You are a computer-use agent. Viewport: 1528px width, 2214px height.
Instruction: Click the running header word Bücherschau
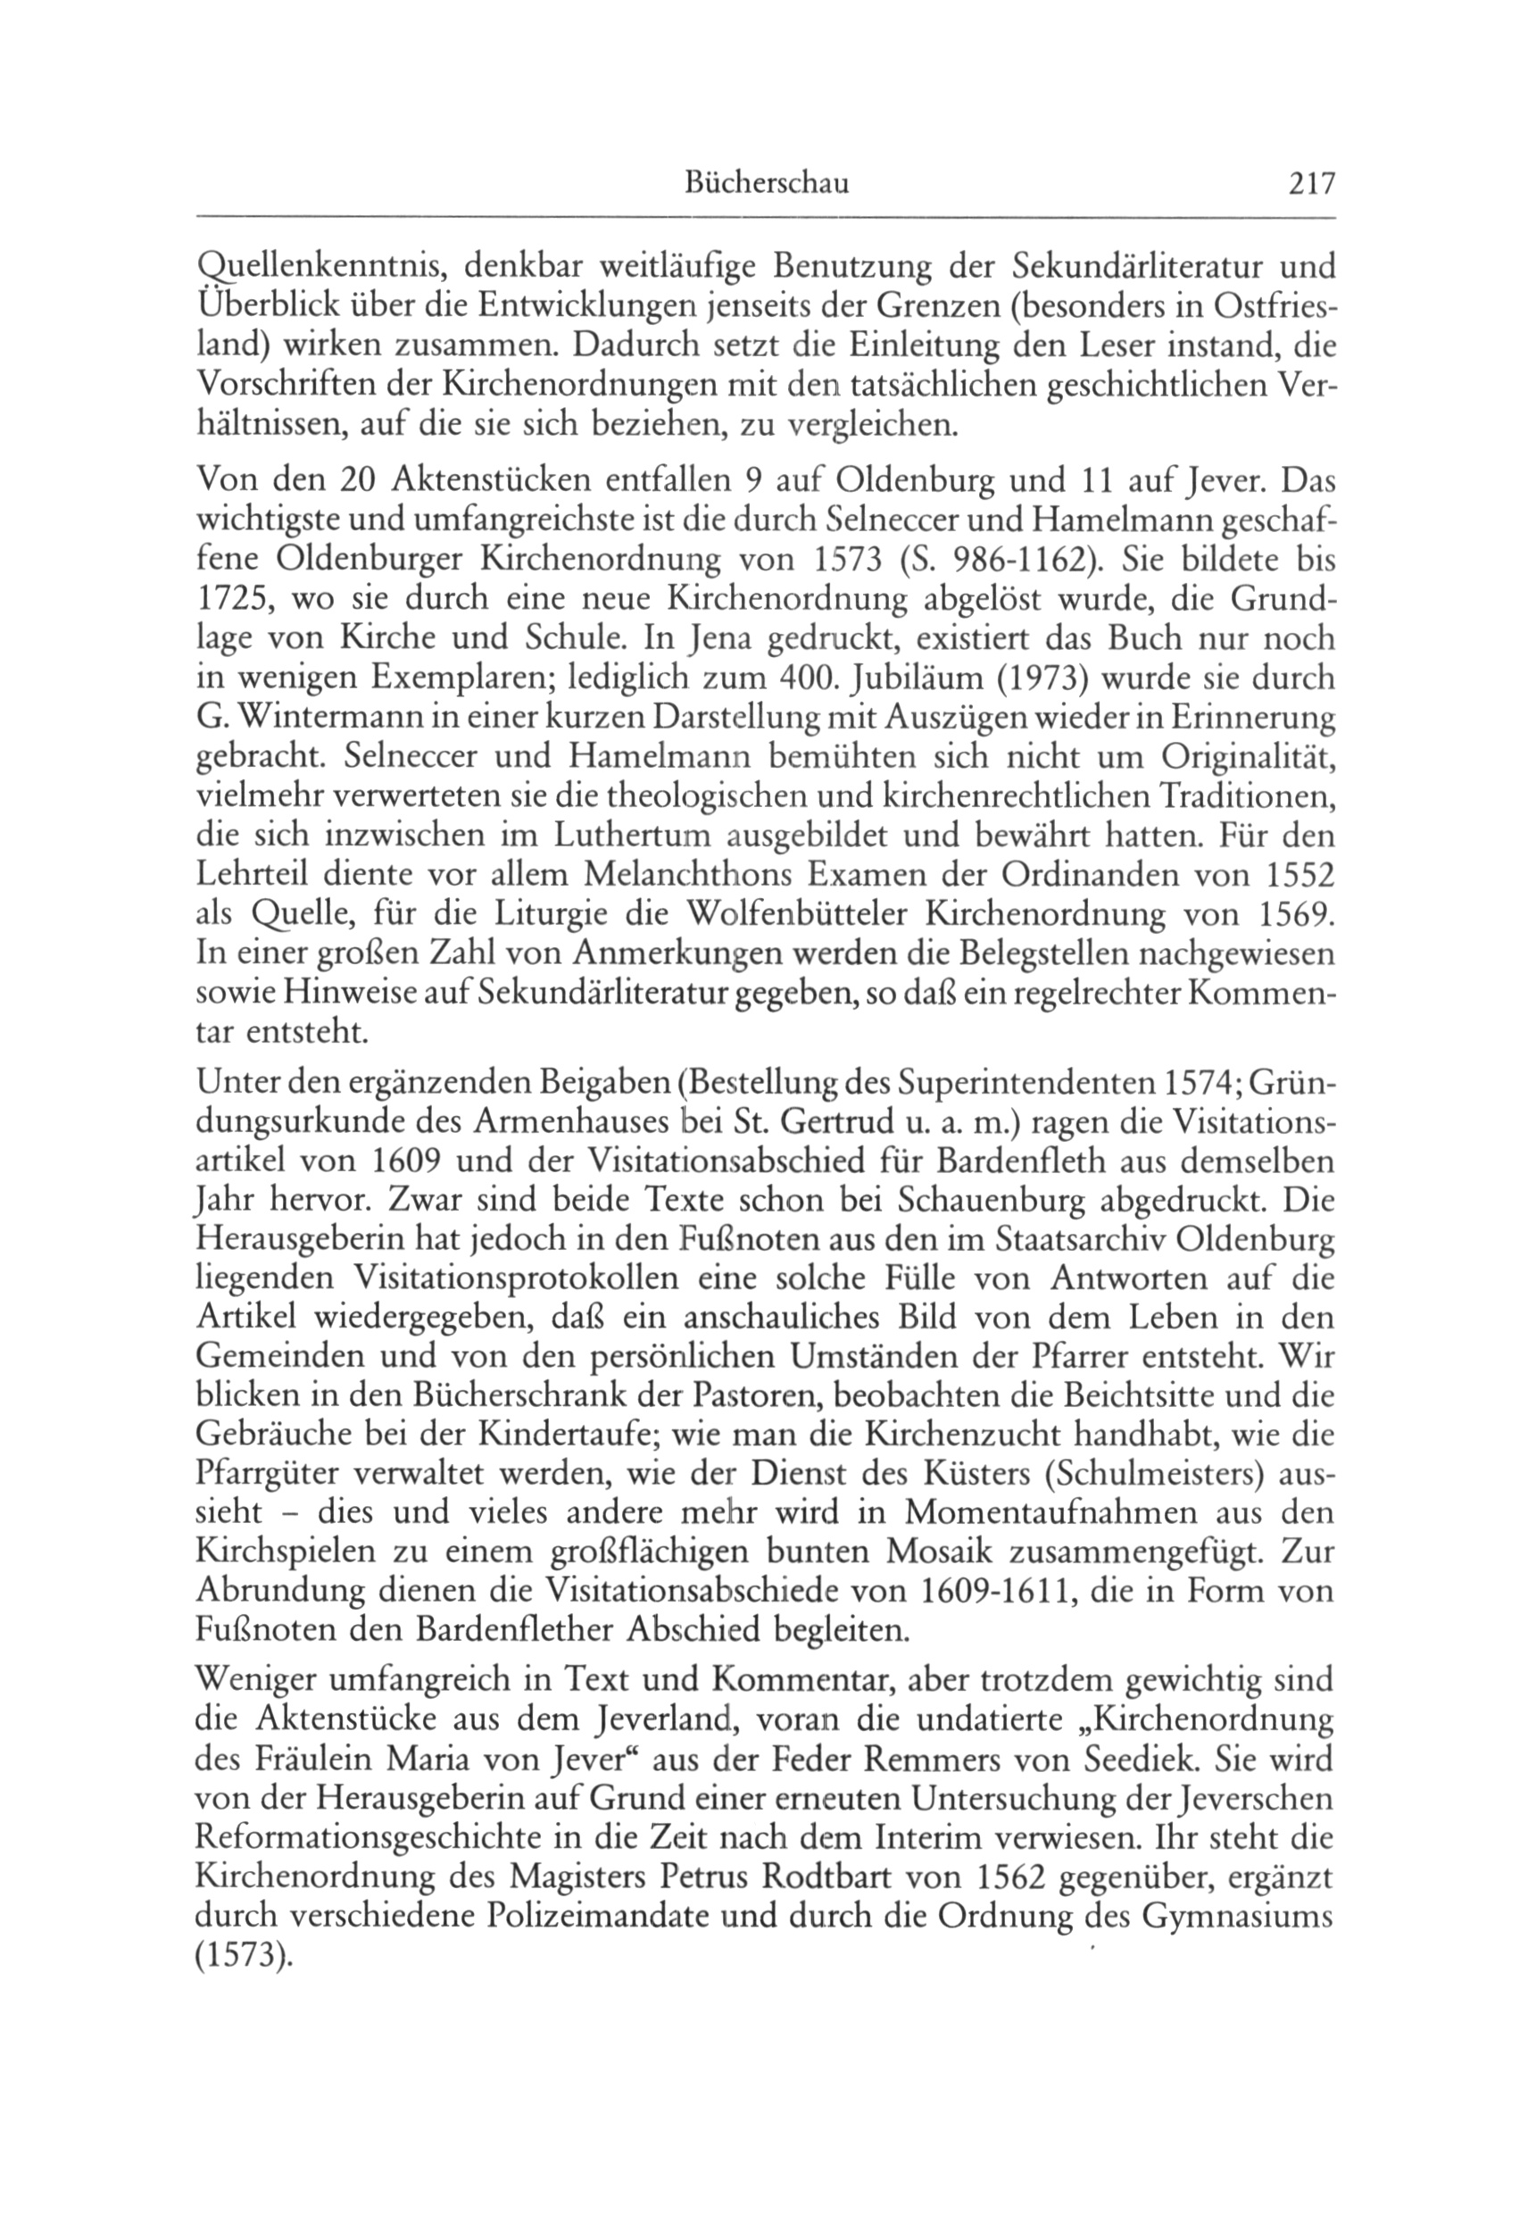[x=767, y=183]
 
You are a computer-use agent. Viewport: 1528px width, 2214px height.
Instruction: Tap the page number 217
[x=1309, y=183]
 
